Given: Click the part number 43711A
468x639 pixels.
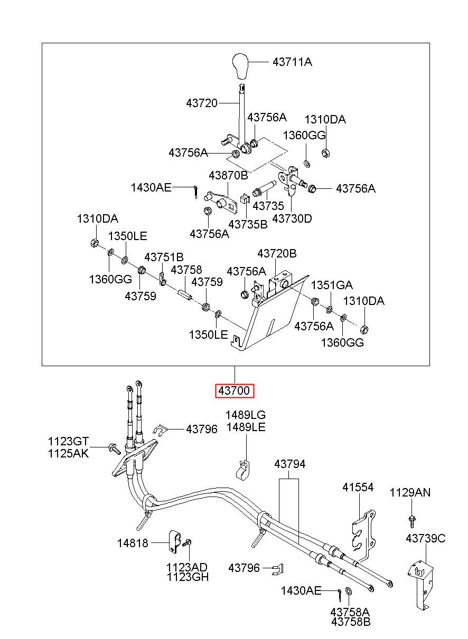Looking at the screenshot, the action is [292, 62].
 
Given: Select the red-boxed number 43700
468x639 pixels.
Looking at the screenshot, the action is [234, 390].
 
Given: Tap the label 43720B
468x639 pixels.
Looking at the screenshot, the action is [277, 253].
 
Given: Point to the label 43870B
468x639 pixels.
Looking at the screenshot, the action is [228, 175].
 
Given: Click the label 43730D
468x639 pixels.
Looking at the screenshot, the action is [292, 219].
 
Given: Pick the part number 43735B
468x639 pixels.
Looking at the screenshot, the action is [248, 224].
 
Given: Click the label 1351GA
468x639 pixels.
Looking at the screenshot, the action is [332, 285].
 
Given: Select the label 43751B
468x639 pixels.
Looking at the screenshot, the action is [164, 257].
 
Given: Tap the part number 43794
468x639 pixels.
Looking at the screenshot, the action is [289, 464].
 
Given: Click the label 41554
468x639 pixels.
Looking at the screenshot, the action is [358, 487].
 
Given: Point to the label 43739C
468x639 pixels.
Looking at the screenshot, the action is [425, 538].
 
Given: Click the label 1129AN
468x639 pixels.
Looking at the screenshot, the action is [410, 492].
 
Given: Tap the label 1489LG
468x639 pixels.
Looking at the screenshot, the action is [246, 415].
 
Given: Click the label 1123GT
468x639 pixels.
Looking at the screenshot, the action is [68, 441].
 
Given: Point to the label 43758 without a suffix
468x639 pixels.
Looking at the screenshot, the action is [186, 270].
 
